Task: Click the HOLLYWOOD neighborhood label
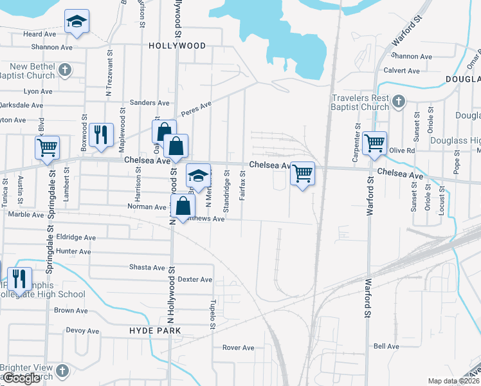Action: [x=177, y=46]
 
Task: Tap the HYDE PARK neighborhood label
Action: [x=155, y=330]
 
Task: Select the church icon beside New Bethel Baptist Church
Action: [x=64, y=69]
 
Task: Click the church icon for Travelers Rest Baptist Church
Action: [x=399, y=101]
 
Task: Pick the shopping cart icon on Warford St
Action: [x=374, y=143]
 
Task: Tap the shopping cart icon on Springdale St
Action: [x=47, y=147]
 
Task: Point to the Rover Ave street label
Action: [x=238, y=348]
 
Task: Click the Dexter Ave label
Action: [x=195, y=279]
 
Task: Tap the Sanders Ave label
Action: [x=149, y=102]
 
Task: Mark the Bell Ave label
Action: [x=386, y=346]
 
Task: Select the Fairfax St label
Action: [x=242, y=186]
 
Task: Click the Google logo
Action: [x=22, y=378]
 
